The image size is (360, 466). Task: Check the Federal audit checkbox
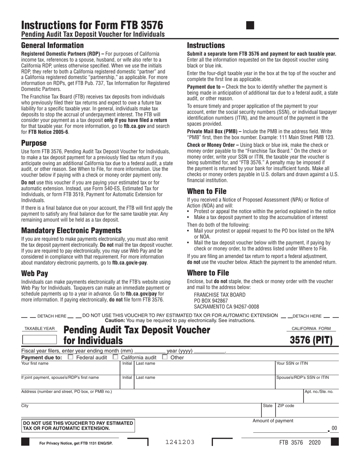pos(70,357)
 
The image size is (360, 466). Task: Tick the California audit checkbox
pos(116,357)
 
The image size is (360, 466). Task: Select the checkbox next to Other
pos(165,357)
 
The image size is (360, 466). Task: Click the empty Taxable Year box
pos(39,339)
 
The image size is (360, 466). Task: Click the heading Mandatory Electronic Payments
pos(71,230)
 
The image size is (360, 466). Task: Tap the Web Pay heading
pos(34,273)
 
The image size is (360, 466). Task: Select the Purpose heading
pos(34,143)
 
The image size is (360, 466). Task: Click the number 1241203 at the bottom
pos(180,442)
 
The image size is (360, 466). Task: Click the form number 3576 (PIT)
pos(311,340)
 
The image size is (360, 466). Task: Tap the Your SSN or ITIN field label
pos(292,364)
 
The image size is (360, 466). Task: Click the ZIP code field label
pos(286,406)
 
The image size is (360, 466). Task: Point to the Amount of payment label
pos(273,421)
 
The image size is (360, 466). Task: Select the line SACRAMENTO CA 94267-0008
pos(226,307)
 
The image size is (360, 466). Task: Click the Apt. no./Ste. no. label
pos(319,392)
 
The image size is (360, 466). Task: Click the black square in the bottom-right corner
pos(335,442)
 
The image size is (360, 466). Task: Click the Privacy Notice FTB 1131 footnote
pos(76,443)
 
